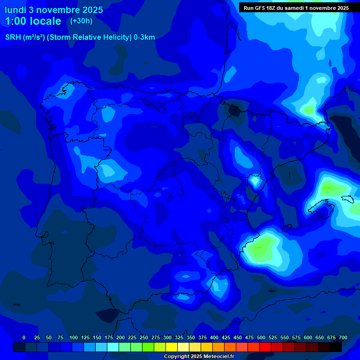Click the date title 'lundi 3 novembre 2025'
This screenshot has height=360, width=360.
[x=53, y=10]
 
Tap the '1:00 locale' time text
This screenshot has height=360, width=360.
[x=33, y=21]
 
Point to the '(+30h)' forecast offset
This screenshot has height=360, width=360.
[x=81, y=21]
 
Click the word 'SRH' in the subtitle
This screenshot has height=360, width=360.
[x=13, y=37]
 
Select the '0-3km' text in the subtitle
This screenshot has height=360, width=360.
[x=144, y=37]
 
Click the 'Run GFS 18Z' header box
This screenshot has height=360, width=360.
[x=296, y=8]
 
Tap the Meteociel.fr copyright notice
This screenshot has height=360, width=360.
[x=199, y=356]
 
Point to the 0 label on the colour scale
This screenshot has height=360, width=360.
[x=24, y=337]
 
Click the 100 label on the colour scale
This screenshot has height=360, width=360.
[x=73, y=337]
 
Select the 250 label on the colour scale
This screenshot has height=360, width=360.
[x=144, y=337]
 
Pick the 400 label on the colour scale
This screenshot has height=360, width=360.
[x=214, y=337]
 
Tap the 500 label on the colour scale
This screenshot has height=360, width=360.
[x=261, y=337]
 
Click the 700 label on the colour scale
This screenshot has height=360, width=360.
[x=343, y=337]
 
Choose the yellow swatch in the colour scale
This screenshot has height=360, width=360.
[x=172, y=347]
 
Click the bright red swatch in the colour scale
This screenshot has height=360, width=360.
[x=265, y=347]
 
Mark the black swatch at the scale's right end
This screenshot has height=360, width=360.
[x=336, y=347]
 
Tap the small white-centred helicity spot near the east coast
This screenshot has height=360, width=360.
[x=255, y=180]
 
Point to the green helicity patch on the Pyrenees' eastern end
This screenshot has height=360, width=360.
[x=309, y=111]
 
